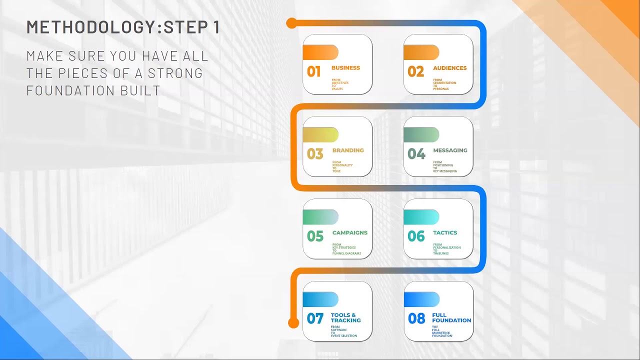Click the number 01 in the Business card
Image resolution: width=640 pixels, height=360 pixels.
(313, 71)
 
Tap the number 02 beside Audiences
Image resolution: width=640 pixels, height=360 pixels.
(415, 71)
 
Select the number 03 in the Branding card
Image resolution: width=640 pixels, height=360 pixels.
(315, 153)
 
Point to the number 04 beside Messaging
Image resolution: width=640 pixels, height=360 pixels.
(416, 153)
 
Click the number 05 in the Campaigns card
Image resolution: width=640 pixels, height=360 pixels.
(315, 236)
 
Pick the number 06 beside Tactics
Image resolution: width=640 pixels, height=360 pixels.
(416, 236)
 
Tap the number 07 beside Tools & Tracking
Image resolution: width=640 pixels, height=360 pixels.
(315, 318)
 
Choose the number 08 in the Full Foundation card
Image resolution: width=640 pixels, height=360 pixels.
(416, 318)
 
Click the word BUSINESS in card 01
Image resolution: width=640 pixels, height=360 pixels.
(345, 68)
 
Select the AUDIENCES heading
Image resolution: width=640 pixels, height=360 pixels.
(449, 68)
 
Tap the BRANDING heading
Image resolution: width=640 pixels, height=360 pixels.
(348, 150)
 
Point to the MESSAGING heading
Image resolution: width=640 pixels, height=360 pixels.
(450, 150)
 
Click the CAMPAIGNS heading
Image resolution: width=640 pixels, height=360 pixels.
(349, 233)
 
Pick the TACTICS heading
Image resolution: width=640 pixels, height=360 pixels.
(445, 233)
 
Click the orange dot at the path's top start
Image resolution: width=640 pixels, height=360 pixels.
(291, 23)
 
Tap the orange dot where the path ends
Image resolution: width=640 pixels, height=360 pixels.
(293, 323)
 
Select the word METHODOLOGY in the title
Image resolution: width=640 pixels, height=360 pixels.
(91, 27)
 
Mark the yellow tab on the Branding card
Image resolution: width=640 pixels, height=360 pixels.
(320, 134)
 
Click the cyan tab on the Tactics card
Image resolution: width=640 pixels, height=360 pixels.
(421, 217)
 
